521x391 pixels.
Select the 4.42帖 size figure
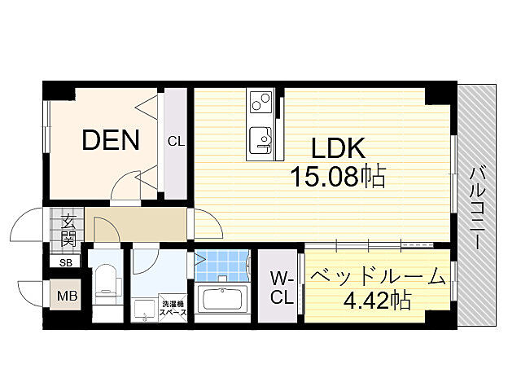click(x=376, y=301)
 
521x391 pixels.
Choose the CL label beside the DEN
click(x=176, y=141)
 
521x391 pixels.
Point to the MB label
click(x=68, y=296)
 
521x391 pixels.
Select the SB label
click(x=65, y=262)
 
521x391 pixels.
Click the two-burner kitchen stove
click(x=261, y=103)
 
